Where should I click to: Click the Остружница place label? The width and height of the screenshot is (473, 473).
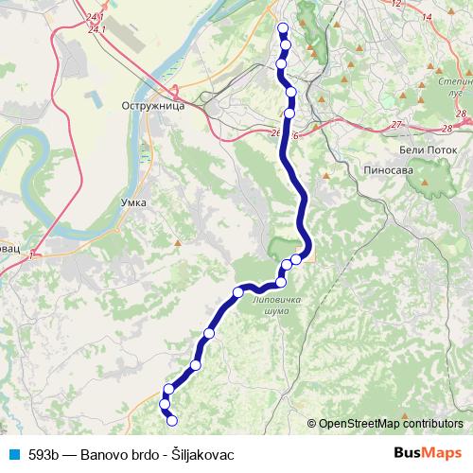(152, 107)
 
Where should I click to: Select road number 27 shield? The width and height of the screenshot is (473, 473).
(397, 125)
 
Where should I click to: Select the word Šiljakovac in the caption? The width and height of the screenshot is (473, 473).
(201, 453)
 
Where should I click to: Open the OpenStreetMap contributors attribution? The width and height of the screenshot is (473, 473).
(390, 423)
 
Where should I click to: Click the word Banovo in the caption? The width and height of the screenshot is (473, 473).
(105, 453)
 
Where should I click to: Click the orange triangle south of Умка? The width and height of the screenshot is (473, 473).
(175, 243)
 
